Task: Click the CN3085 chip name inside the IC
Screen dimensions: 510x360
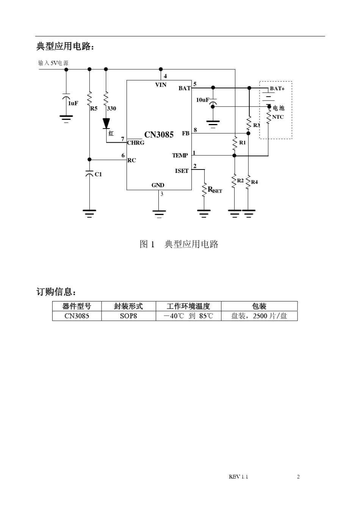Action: [x=159, y=135]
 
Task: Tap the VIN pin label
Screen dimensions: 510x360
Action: [x=161, y=85]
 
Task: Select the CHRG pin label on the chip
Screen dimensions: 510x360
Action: [x=136, y=143]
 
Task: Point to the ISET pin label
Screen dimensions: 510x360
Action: [x=182, y=171]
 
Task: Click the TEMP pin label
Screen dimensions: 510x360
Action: [x=180, y=155]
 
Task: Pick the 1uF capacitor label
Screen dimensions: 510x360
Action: [x=73, y=103]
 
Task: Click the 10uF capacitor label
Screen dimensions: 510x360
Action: [x=202, y=100]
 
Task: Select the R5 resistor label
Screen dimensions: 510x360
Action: [x=94, y=108]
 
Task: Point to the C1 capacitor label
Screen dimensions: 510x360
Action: [x=98, y=174]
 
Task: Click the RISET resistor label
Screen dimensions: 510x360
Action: [x=214, y=190]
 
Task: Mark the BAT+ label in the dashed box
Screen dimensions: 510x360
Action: [x=277, y=88]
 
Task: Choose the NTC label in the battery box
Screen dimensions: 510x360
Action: [x=278, y=117]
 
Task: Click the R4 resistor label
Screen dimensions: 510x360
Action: [x=254, y=182]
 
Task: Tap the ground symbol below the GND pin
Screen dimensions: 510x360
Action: [x=159, y=213]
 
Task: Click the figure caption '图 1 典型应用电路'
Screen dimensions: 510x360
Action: [x=179, y=244]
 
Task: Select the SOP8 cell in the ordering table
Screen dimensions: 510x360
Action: [x=128, y=316]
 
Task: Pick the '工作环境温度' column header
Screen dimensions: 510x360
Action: [x=188, y=306]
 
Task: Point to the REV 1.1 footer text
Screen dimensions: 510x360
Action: [x=238, y=477]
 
